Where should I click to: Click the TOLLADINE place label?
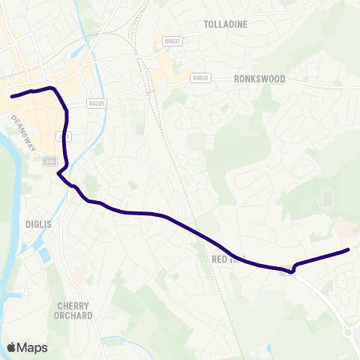225,24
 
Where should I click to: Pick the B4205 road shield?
96,103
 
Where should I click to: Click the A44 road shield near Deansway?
50,160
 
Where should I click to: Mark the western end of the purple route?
12,96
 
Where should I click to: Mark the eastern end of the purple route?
349,250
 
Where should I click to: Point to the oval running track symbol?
327,199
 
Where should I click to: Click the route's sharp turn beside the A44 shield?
58,172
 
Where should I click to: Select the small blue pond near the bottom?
112,339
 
